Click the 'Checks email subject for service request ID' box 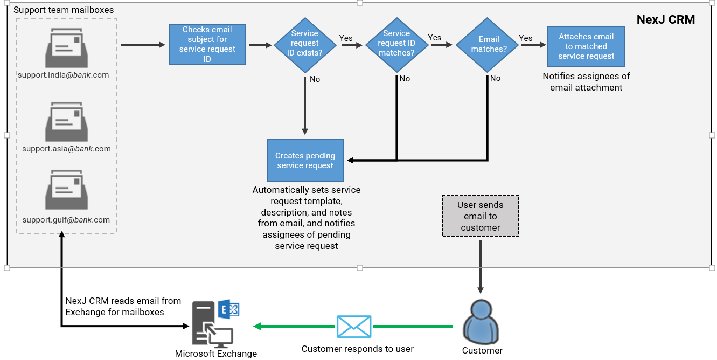(x=207, y=45)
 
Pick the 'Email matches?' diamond (x=488, y=44)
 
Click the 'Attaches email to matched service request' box (x=586, y=46)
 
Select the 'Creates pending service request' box (x=305, y=161)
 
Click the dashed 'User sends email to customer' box (x=481, y=216)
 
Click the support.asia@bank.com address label (x=66, y=149)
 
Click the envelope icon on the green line (x=354, y=327)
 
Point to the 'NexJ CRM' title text (x=665, y=20)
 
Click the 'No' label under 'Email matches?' (x=495, y=79)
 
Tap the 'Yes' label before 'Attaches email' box (x=526, y=38)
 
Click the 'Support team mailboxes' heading (x=64, y=10)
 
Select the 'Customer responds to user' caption (x=358, y=349)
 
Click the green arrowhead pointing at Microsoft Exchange (x=258, y=327)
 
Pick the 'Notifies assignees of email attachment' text (x=586, y=82)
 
